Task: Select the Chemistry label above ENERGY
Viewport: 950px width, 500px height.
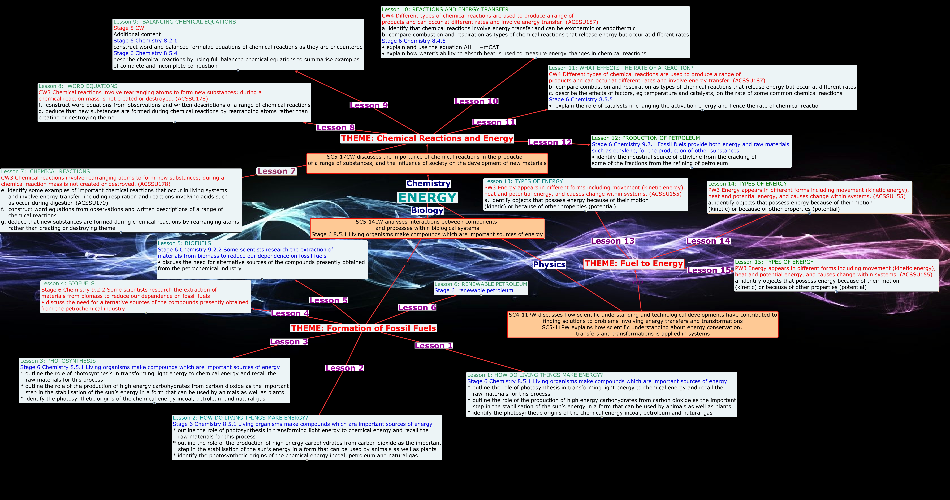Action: pyautogui.click(x=428, y=183)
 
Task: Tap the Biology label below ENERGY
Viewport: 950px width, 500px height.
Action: pyautogui.click(x=427, y=210)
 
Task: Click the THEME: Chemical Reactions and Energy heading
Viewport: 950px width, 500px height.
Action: pyautogui.click(x=427, y=138)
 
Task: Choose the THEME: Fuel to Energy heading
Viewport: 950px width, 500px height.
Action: pyautogui.click(x=634, y=264)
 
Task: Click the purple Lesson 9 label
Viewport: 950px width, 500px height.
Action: pyautogui.click(x=369, y=106)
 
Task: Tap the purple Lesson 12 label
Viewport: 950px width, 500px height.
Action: pyautogui.click(x=550, y=142)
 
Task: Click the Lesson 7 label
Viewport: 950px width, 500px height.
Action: pyautogui.click(x=277, y=171)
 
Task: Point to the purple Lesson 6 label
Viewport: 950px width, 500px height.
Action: pyautogui.click(x=417, y=307)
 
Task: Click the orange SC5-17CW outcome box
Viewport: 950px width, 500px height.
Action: pyautogui.click(x=427, y=163)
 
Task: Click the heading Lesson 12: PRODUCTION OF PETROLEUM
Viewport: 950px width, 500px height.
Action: pyautogui.click(x=645, y=138)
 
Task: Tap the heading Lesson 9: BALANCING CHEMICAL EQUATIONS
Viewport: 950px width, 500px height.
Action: pyautogui.click(x=174, y=22)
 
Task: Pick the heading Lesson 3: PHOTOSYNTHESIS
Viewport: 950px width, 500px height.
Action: pyautogui.click(x=58, y=361)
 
